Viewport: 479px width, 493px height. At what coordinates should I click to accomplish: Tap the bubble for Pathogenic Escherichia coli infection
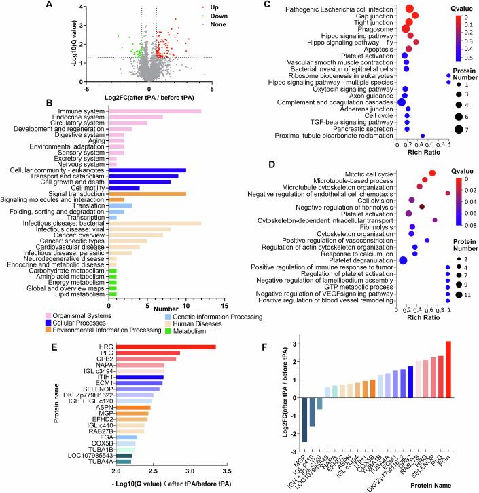[x=410, y=9]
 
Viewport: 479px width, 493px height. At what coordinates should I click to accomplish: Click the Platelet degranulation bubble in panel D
[x=403, y=260]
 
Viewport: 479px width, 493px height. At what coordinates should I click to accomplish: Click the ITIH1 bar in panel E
[x=140, y=377]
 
